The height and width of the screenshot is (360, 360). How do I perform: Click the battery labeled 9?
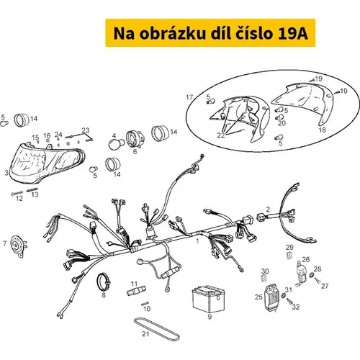click(209, 298)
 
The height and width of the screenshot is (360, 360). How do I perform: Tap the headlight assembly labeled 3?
click(46, 163)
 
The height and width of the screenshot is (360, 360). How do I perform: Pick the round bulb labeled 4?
click(116, 144)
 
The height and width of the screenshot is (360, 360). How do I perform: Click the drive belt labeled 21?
click(156, 328)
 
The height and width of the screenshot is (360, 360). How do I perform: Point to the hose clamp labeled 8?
click(104, 282)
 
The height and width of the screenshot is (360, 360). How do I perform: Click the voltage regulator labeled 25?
click(271, 297)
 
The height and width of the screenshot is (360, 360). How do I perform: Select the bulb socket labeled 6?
click(135, 139)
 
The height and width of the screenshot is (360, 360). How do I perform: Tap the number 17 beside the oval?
click(189, 97)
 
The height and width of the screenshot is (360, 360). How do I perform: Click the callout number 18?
click(323, 130)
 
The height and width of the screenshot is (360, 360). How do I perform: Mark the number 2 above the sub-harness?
click(268, 210)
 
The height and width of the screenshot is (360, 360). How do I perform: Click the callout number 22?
click(221, 135)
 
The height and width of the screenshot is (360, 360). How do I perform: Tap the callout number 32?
click(296, 307)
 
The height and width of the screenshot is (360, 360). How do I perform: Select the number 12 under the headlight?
click(19, 199)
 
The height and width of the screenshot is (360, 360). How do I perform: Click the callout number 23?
click(86, 130)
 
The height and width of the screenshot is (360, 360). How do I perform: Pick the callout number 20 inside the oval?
click(282, 123)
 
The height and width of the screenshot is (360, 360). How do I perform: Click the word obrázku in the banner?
click(173, 33)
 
